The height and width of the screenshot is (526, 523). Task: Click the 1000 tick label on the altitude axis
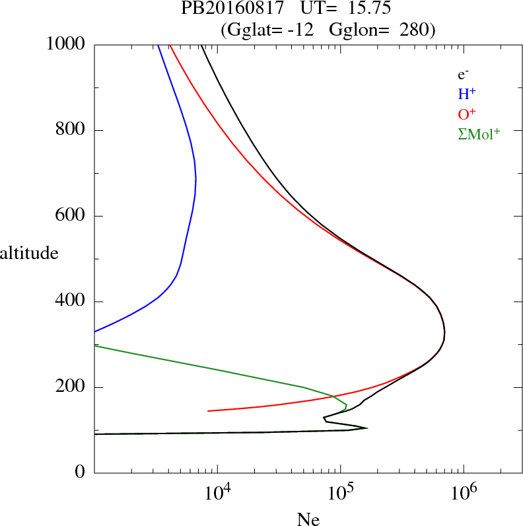(x=67, y=44)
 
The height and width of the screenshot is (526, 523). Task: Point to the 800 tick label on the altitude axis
(x=71, y=130)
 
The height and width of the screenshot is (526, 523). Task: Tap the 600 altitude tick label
(x=71, y=216)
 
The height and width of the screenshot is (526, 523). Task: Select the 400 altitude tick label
(x=71, y=302)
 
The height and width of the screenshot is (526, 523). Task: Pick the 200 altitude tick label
(x=71, y=387)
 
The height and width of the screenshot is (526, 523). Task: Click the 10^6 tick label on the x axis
(x=465, y=494)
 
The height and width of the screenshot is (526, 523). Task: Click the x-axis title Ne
(x=308, y=519)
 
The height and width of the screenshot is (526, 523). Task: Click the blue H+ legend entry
(x=467, y=94)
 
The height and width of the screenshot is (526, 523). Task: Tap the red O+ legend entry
(x=467, y=113)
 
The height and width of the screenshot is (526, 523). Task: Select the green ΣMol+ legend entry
(x=479, y=133)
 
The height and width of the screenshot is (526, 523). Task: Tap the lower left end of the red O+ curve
(x=208, y=411)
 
